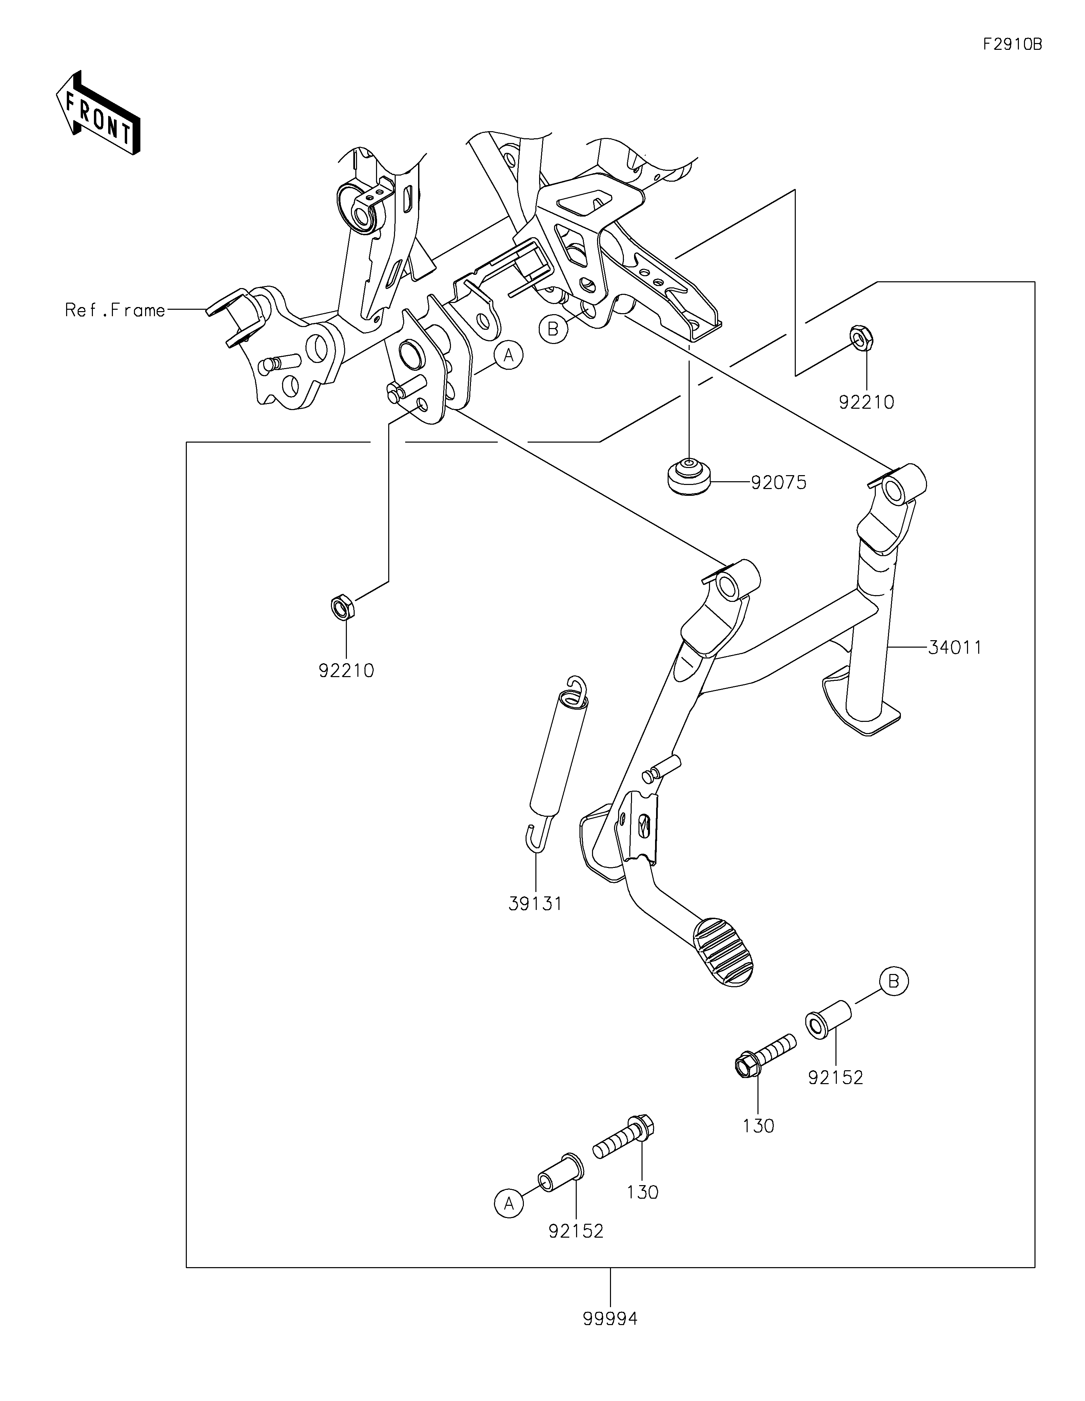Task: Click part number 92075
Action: (778, 482)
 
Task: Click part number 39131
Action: (535, 904)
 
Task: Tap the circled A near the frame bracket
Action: (509, 355)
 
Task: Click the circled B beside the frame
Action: (553, 329)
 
